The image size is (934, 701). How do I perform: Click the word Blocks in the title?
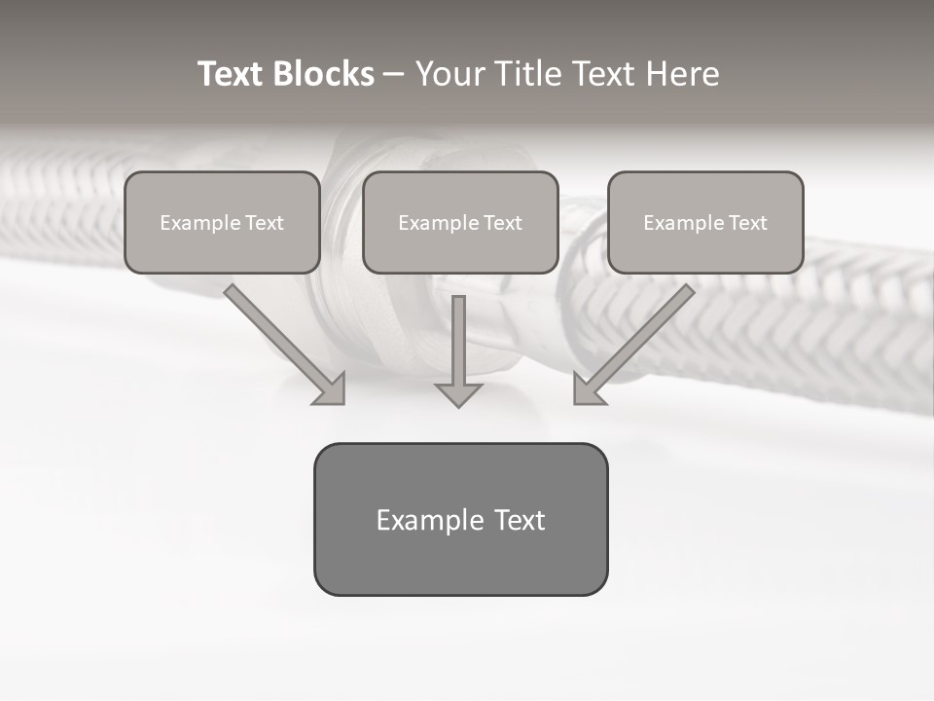point(323,74)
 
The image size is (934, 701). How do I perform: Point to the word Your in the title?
point(450,74)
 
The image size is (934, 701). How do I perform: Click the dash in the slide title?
point(394,74)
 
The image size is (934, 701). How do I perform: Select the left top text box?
point(222,222)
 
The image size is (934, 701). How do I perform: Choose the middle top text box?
point(460,222)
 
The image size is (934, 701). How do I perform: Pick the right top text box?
point(705,222)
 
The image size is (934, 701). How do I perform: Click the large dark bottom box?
point(460,519)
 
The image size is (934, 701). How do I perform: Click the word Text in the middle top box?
point(503,223)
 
